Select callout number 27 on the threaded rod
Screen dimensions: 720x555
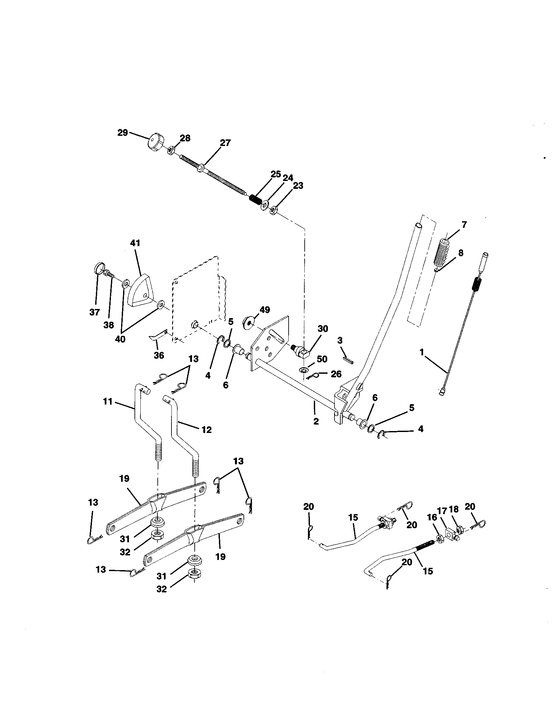[225, 143]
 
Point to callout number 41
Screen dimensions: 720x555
[135, 243]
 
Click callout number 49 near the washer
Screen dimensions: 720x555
[265, 310]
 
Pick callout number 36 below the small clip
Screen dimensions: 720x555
[158, 355]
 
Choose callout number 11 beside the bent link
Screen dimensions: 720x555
[107, 402]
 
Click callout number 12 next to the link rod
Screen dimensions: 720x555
[206, 430]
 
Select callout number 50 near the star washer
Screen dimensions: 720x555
[322, 359]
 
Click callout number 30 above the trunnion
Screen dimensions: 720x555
[323, 329]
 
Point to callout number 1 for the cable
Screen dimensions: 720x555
[421, 352]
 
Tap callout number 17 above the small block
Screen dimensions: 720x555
[442, 511]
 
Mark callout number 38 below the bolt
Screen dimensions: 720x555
[108, 325]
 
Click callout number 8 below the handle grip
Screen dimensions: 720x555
[461, 253]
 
